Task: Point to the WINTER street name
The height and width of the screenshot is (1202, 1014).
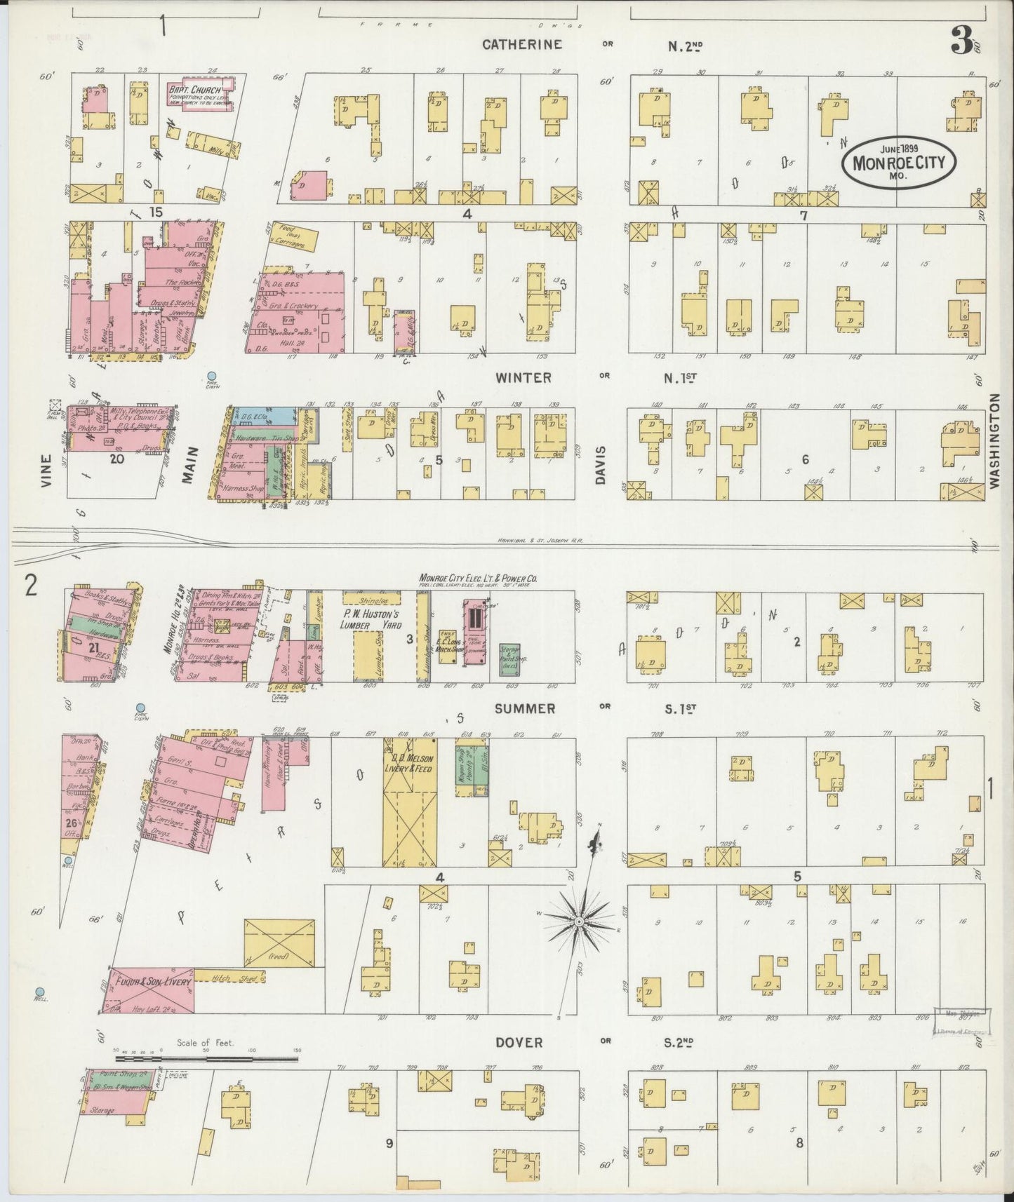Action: point(523,377)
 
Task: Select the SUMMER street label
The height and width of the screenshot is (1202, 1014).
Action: point(524,709)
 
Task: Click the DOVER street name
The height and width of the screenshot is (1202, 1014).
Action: point(519,1042)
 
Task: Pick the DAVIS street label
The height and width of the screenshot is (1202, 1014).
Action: point(601,464)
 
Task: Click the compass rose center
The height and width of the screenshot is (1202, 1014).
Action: point(579,921)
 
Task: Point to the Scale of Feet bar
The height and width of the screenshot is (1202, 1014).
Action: point(206,1058)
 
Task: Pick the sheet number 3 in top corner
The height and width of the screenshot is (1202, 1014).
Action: point(961,42)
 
